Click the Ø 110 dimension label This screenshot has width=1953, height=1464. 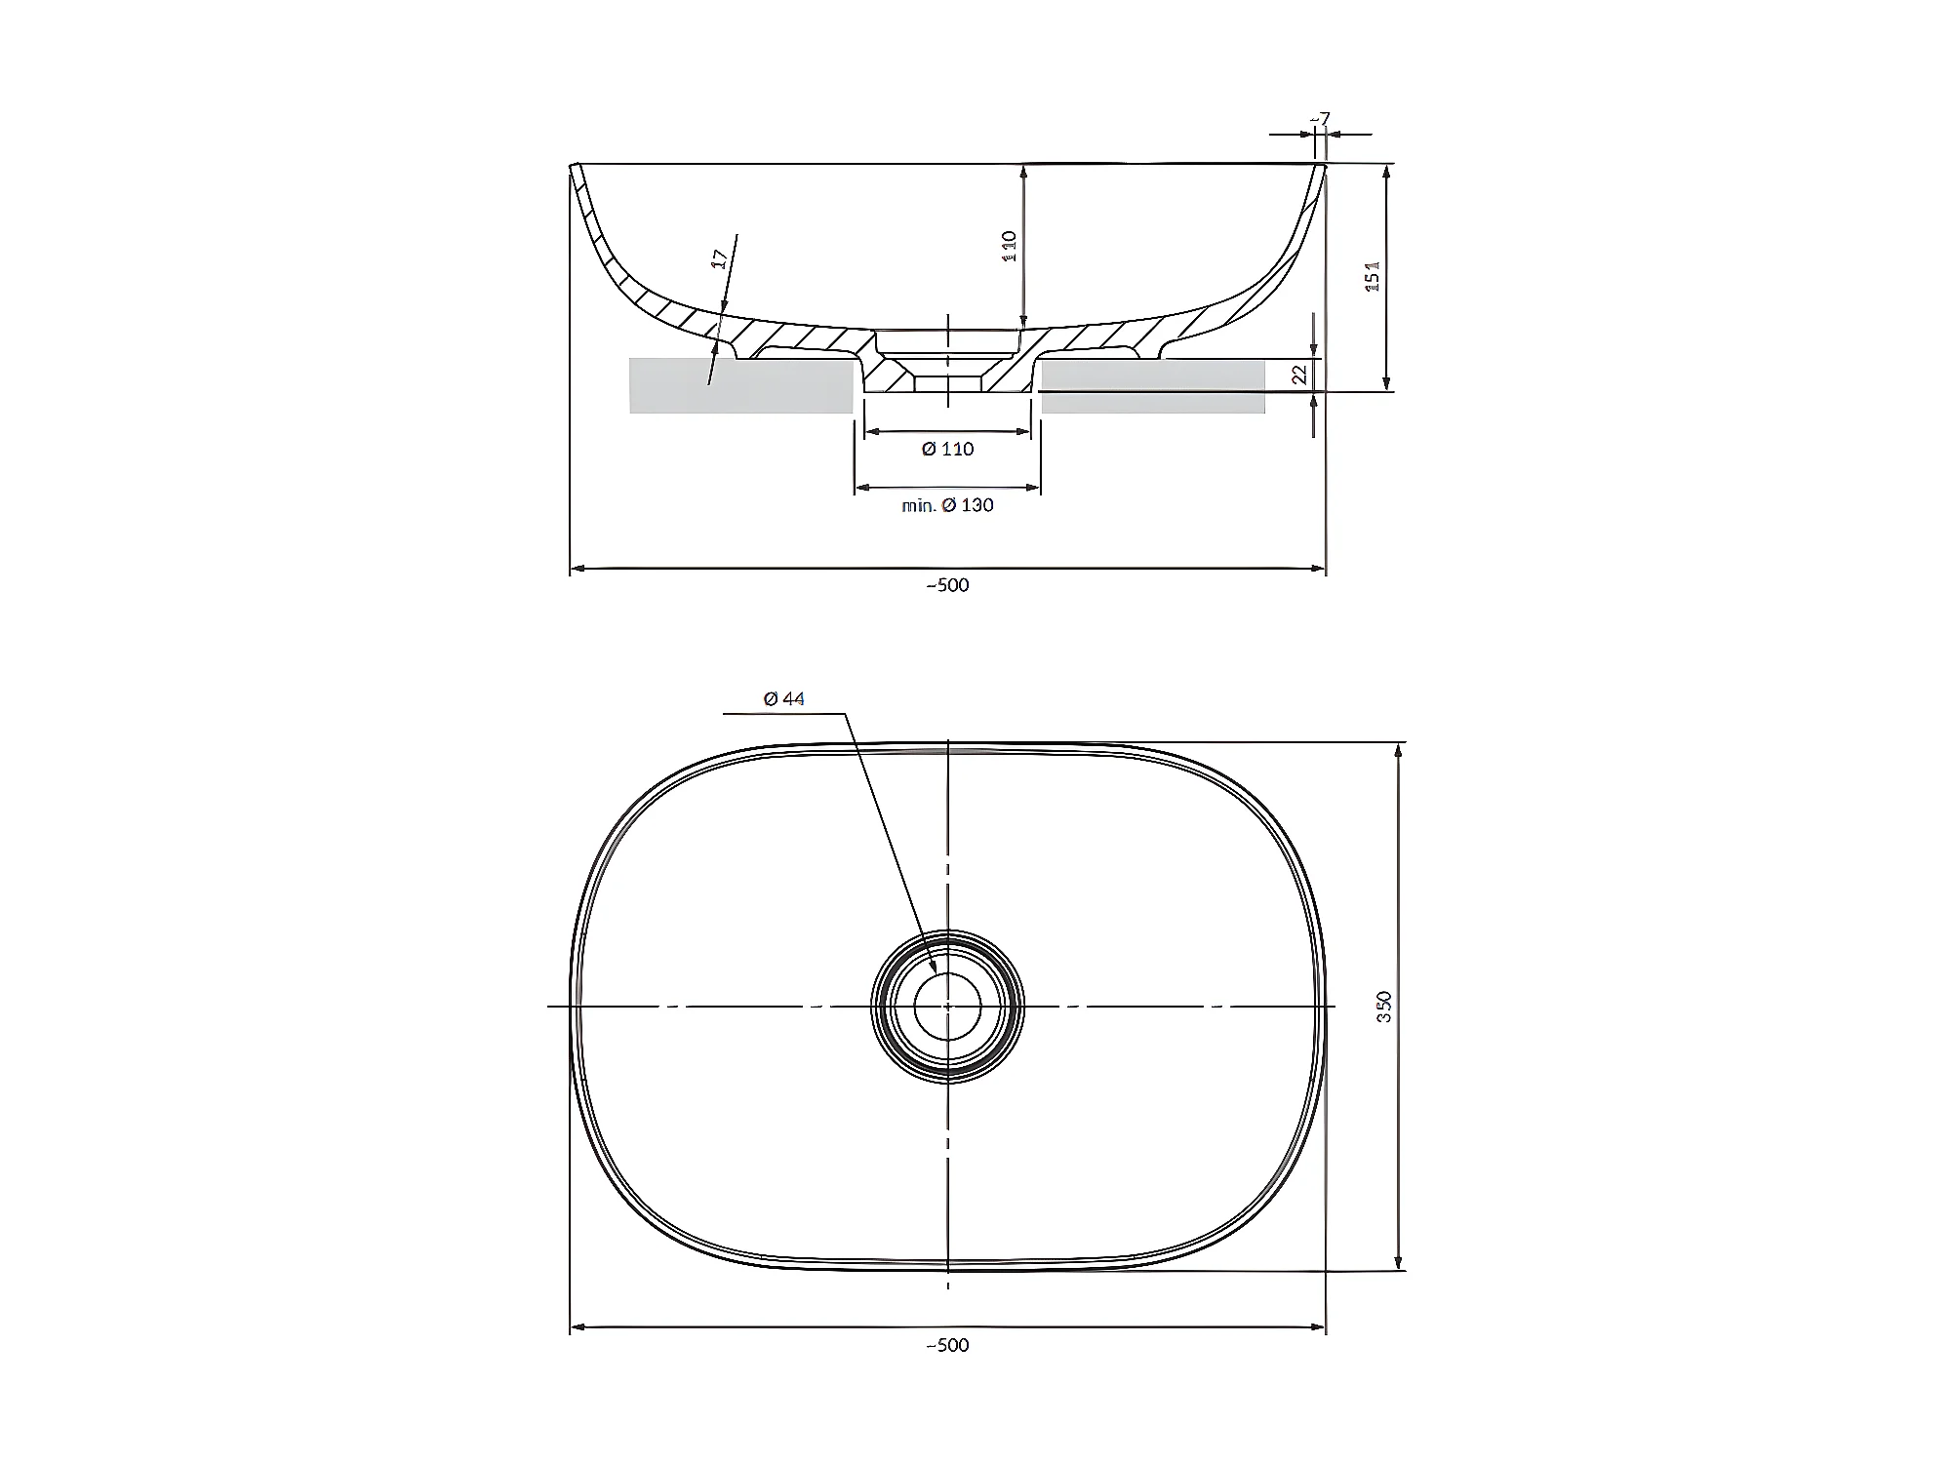(947, 449)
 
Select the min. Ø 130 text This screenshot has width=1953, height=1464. (947, 505)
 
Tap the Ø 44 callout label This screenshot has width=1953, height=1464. (784, 698)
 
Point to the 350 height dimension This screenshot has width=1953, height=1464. (1383, 1006)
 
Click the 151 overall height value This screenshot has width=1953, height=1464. (1373, 277)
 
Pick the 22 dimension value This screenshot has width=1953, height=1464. (1298, 375)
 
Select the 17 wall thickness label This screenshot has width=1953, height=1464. (720, 259)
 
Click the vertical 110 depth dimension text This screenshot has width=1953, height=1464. (1010, 246)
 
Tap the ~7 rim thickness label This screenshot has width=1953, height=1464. (1320, 119)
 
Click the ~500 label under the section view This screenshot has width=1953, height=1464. (947, 585)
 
